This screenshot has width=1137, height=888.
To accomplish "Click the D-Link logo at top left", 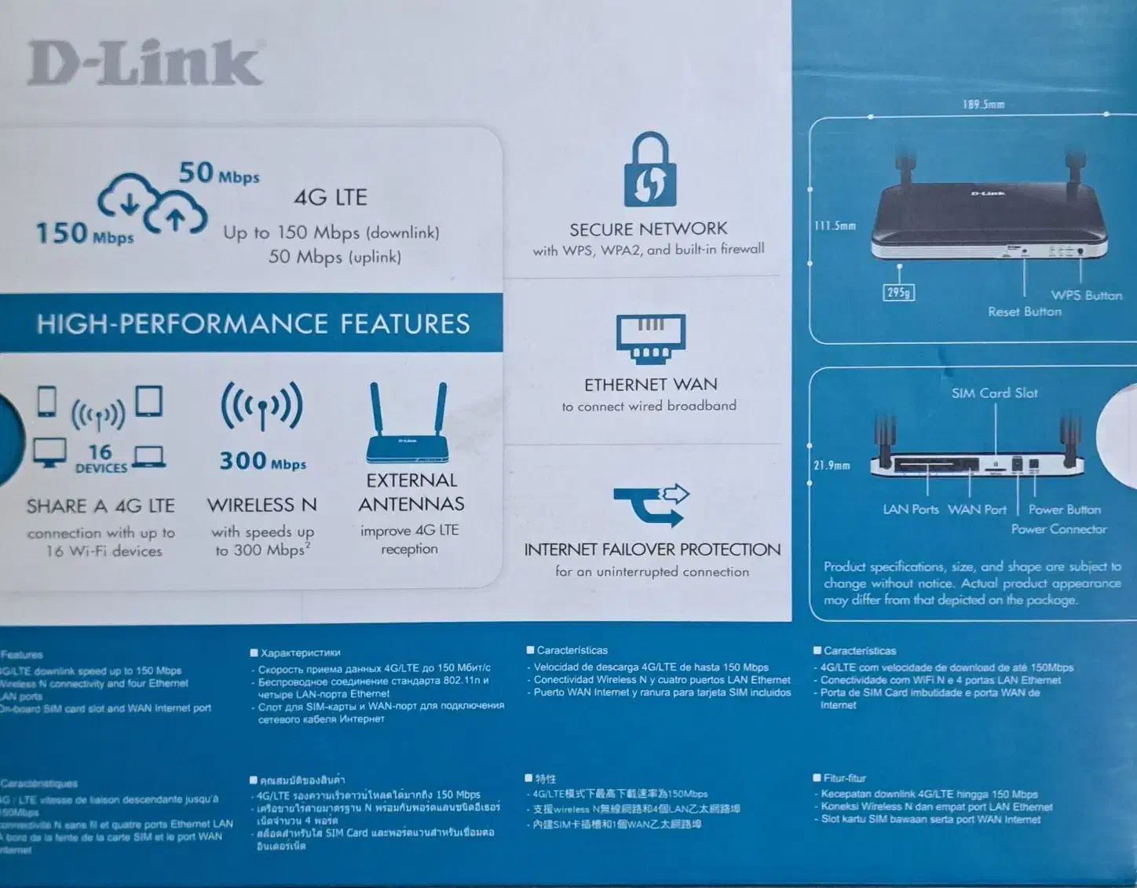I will [x=145, y=63].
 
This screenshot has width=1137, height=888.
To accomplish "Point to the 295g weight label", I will [x=898, y=293].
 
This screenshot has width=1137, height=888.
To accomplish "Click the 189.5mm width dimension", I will [x=983, y=104].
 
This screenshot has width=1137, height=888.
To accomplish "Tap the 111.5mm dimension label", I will [x=835, y=226].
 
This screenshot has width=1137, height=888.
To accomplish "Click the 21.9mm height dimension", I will [x=832, y=466].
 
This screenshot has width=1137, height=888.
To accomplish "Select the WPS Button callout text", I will [x=1086, y=295].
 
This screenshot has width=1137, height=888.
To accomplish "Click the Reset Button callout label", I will [x=1024, y=312].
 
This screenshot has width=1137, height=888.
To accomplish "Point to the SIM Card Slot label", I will [x=994, y=393].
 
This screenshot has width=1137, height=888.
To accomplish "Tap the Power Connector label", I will [x=1058, y=529].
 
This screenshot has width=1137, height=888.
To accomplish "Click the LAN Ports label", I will [x=910, y=510].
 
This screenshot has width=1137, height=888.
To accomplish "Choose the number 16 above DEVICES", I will [x=101, y=451].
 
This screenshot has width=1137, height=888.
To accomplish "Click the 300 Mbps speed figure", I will [x=262, y=461].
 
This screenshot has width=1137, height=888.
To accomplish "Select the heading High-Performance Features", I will [x=253, y=323].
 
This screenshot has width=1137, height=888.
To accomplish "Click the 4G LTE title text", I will [x=331, y=197].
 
